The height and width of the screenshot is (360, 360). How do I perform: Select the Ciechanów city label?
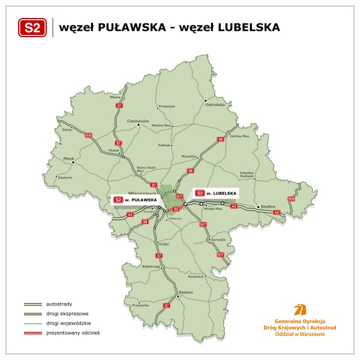(x=137, y=121)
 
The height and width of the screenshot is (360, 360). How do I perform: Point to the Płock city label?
(x=68, y=159)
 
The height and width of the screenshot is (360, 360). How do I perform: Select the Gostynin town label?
(x=65, y=178)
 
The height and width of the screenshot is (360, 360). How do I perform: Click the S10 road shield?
(x=89, y=136)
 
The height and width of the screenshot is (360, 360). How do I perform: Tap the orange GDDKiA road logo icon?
(x=297, y=310)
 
